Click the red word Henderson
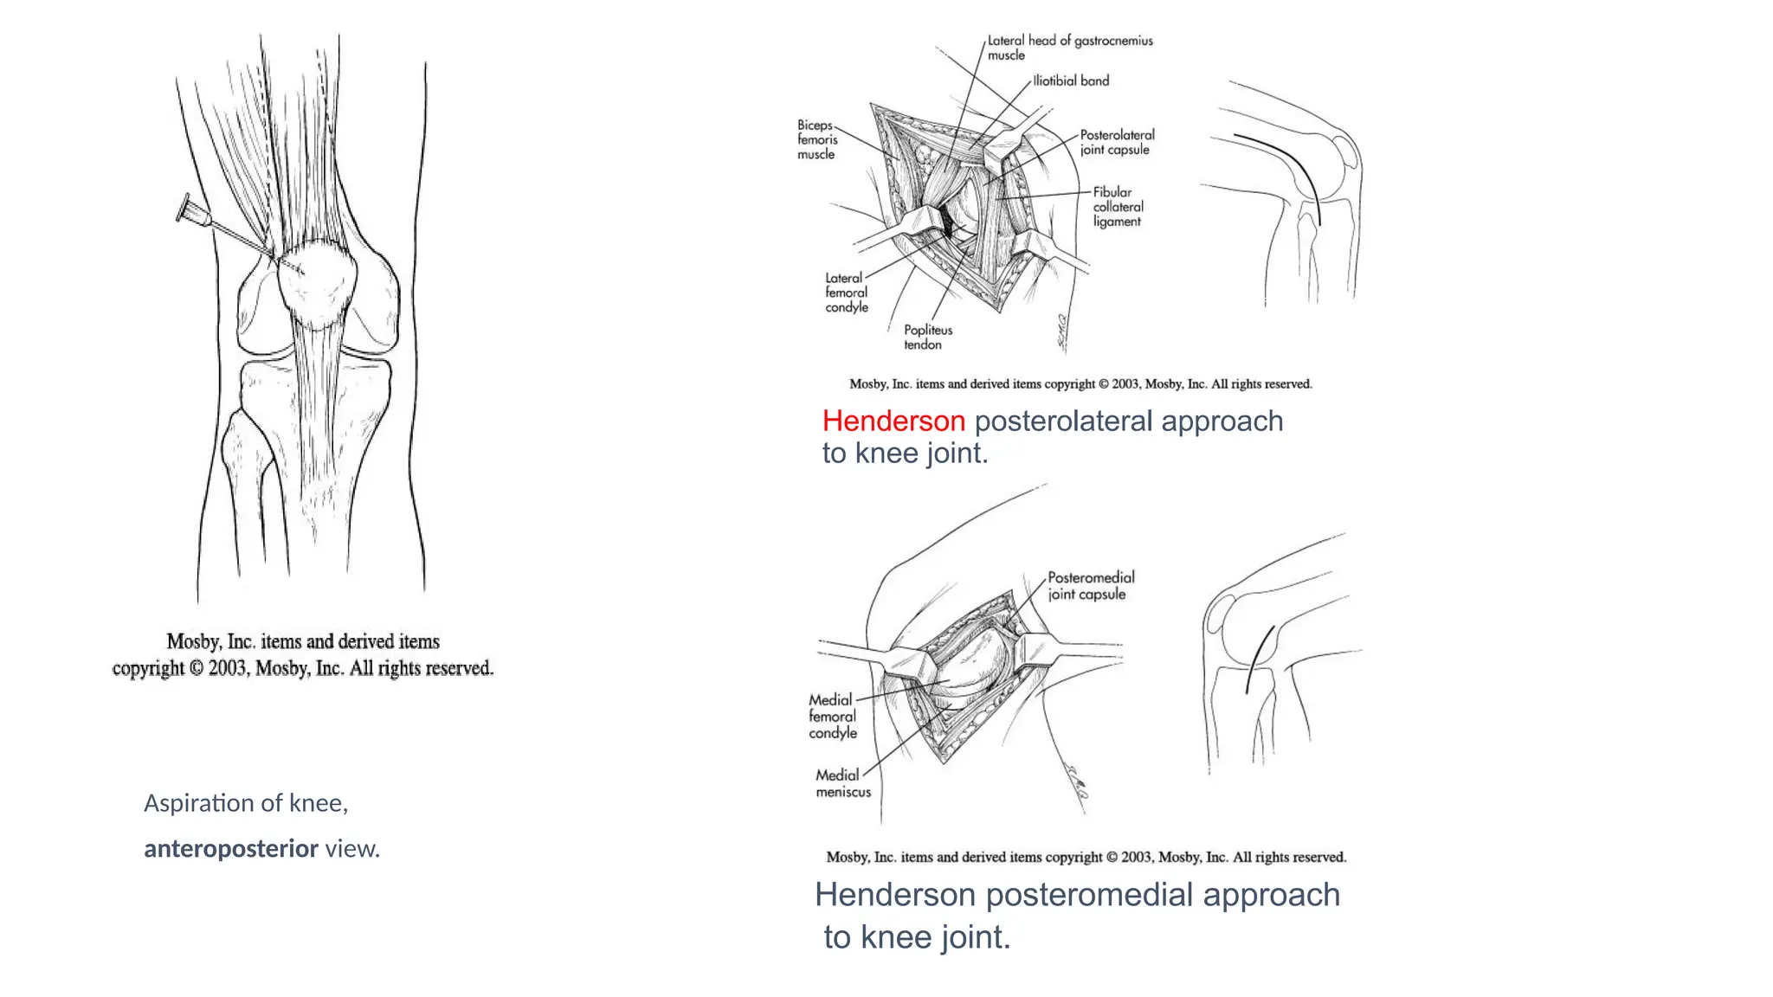point(893,421)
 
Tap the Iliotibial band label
point(1071,80)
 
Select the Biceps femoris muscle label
point(817,139)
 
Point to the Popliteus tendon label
point(927,337)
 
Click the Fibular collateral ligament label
point(1117,207)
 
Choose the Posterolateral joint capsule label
point(1117,142)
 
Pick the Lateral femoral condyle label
point(846,293)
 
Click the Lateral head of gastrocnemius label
point(1069,47)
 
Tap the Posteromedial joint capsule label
point(1090,585)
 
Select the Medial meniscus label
point(842,783)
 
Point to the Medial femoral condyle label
point(832,716)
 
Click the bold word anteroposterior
point(231,849)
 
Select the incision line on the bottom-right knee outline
point(1260,658)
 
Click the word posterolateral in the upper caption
point(1063,421)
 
